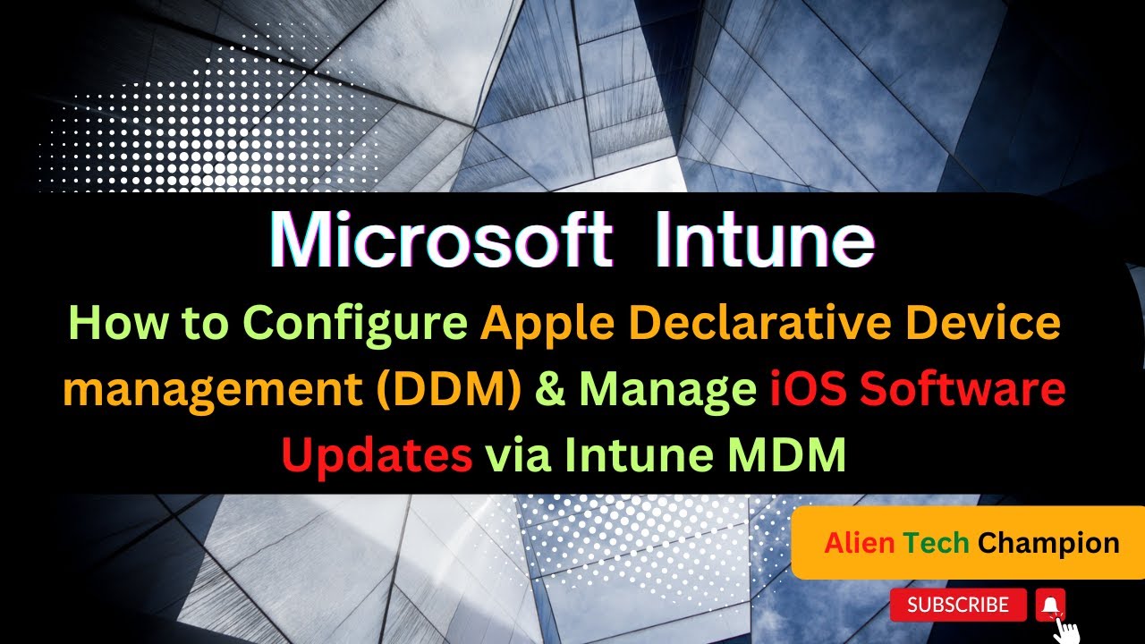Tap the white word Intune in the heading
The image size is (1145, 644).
(x=764, y=241)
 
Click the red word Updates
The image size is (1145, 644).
(x=377, y=456)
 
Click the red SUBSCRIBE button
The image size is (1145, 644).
(x=958, y=606)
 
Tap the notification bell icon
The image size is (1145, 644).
(x=1051, y=606)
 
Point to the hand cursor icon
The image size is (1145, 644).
(x=1067, y=628)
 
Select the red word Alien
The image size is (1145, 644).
(x=859, y=542)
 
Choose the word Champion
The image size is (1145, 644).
(x=1048, y=542)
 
